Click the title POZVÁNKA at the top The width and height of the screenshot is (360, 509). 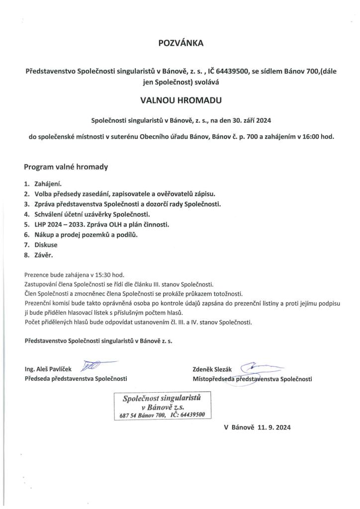(x=180, y=44)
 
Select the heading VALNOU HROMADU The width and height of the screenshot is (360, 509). (x=180, y=100)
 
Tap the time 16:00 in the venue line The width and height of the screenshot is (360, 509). (x=308, y=136)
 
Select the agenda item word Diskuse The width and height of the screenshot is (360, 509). (x=46, y=245)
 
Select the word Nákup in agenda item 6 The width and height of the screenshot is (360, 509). (x=45, y=235)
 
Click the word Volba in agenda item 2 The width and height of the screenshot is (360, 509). (x=45, y=194)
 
